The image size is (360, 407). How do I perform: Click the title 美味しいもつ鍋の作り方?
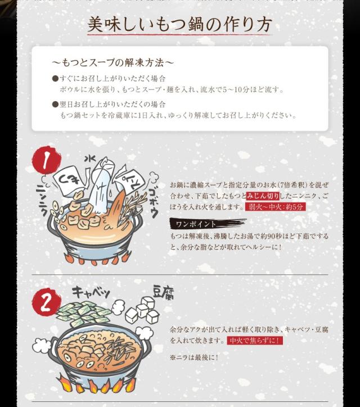(180, 25)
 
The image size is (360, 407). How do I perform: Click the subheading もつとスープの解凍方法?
(112, 62)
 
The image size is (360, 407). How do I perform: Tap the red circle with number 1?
(46, 160)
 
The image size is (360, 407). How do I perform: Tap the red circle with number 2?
(46, 302)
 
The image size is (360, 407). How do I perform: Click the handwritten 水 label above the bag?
(90, 159)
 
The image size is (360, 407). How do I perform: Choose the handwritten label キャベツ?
(91, 293)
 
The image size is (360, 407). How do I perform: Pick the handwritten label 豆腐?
(163, 292)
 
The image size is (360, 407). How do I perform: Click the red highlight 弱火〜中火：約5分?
(276, 207)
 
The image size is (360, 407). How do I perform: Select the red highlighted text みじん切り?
(263, 196)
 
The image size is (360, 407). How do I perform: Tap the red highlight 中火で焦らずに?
(255, 340)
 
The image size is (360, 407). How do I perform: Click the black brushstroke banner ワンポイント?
(208, 224)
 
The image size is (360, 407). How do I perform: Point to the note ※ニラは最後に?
(194, 358)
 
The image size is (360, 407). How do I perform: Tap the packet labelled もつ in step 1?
(67, 181)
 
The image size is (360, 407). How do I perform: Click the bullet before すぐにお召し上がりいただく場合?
(55, 78)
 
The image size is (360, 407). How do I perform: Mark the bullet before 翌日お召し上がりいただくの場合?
(55, 105)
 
